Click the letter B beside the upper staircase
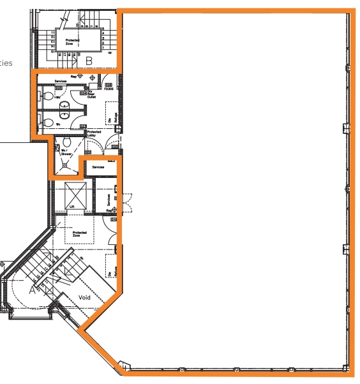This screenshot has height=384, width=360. pos(89,61)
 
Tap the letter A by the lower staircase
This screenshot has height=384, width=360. pos(33,289)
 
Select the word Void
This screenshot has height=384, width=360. pos(84,298)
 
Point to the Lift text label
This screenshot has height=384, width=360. pos(72,207)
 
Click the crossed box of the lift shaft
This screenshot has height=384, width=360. pos(76,192)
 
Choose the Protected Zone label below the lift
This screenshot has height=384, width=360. pos(79,234)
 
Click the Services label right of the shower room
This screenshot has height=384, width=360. pos(98,166)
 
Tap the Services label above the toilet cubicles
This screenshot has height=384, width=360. pos(61,81)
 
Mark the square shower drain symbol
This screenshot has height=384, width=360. pos(64,165)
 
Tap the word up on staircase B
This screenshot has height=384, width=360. pos(110,52)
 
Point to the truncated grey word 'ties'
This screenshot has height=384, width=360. pos(6,63)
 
